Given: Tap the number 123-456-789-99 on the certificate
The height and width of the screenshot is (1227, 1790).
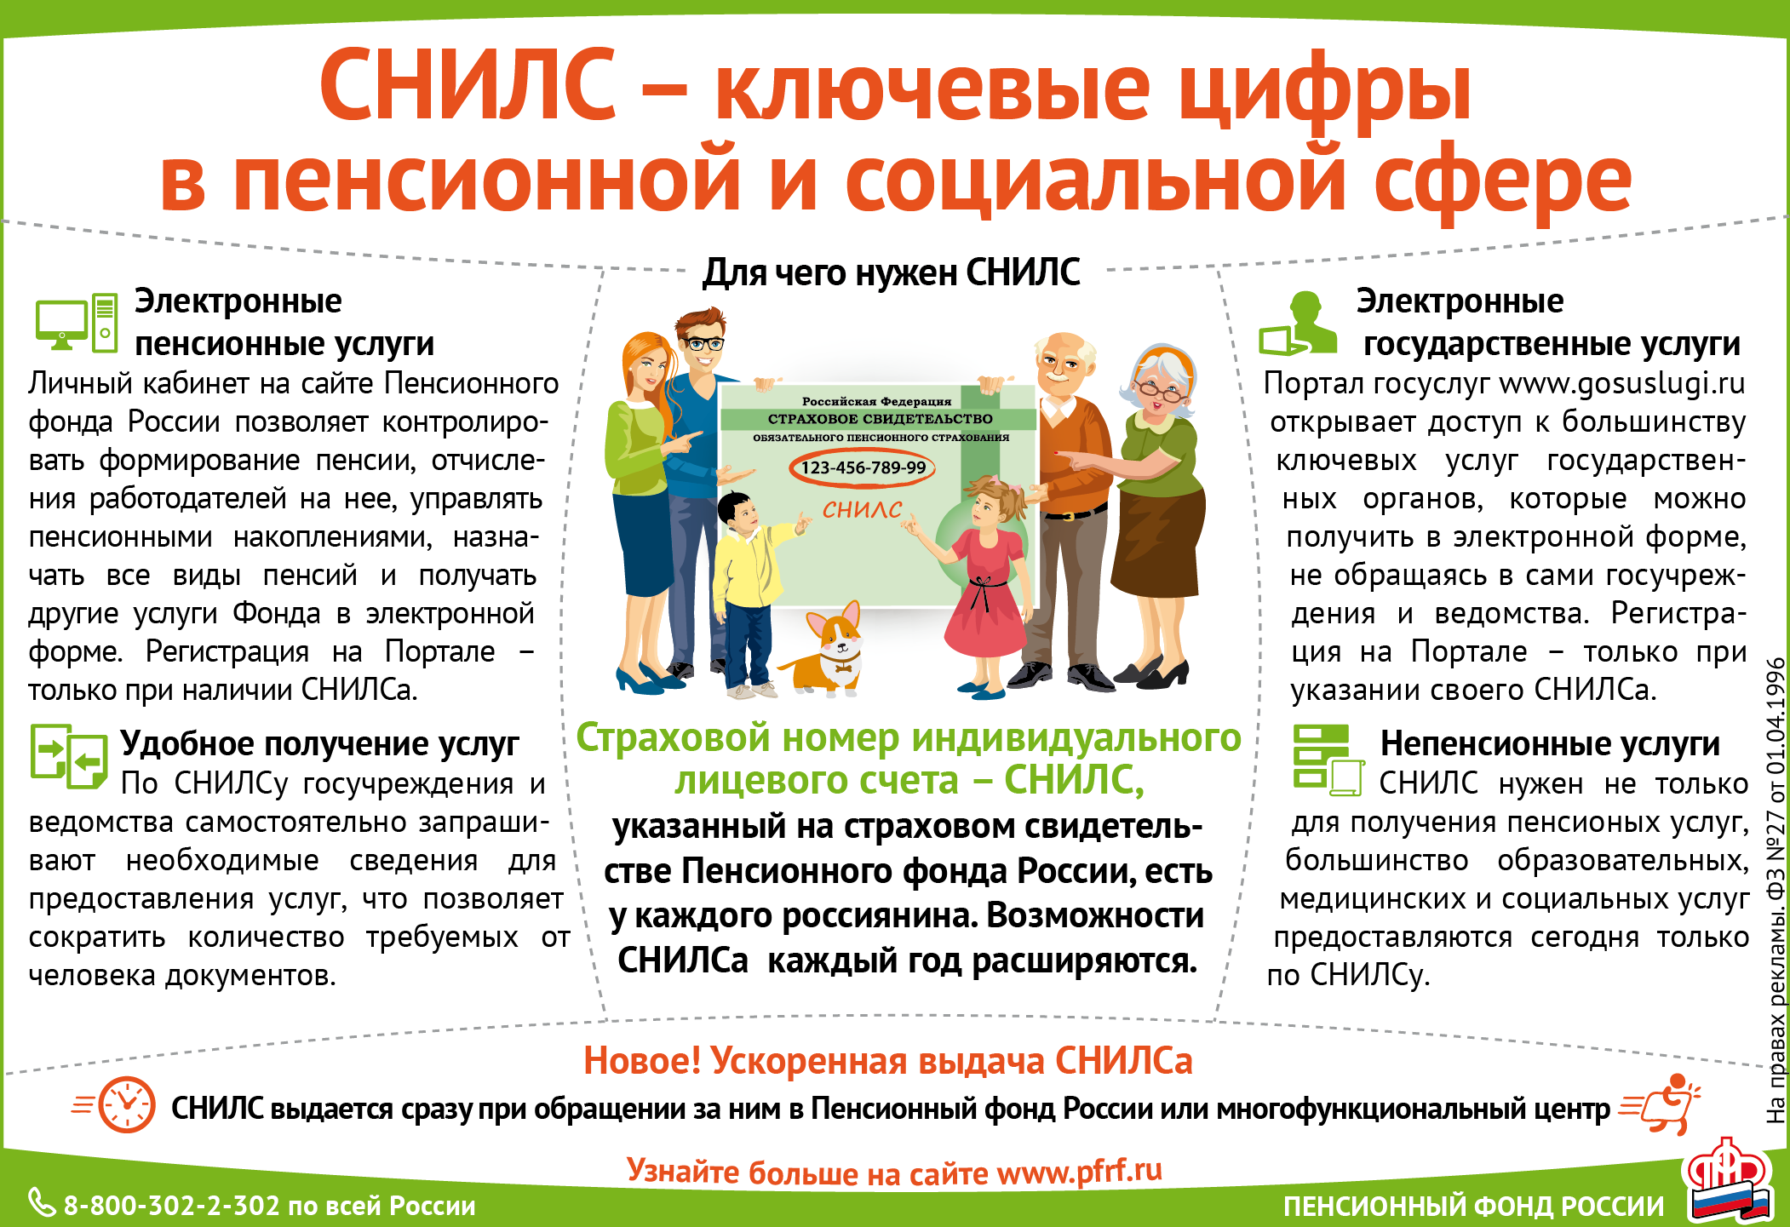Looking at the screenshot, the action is coord(863,467).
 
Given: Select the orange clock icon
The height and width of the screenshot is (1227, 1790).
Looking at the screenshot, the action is coord(127,1104).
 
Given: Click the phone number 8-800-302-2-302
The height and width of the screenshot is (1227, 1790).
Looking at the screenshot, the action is coord(172,1206).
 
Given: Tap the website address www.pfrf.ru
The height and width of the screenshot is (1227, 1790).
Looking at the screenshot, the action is coord(1080,1172).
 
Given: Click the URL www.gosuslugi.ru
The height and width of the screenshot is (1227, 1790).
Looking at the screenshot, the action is coord(1622,383).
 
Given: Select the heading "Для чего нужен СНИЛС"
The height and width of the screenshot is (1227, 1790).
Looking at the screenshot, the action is coord(891,272).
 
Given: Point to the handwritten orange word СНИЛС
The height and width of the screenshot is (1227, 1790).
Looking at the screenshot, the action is coord(862,509).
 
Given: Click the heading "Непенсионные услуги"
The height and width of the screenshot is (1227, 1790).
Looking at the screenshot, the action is coord(1550,743).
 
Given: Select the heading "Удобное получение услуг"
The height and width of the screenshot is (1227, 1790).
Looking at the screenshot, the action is coord(319,744).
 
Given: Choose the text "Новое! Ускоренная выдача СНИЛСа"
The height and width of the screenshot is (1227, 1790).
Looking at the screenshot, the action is coord(887,1061).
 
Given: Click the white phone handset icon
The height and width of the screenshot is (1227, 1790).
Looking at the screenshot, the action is coord(41,1202).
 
